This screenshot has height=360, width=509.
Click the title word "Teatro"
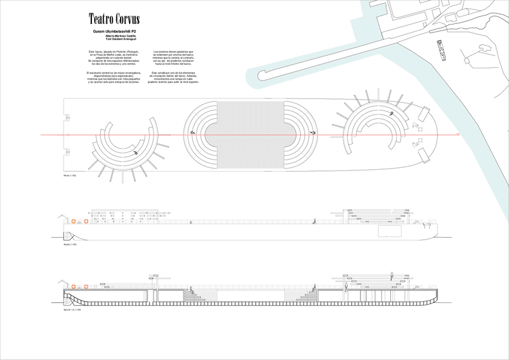101,19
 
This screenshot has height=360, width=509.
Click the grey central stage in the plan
250,135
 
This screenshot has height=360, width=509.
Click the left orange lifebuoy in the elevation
73,221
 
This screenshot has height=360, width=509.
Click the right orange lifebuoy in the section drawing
86,287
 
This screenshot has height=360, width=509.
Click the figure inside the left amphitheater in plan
137,152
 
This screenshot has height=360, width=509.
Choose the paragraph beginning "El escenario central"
113,77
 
